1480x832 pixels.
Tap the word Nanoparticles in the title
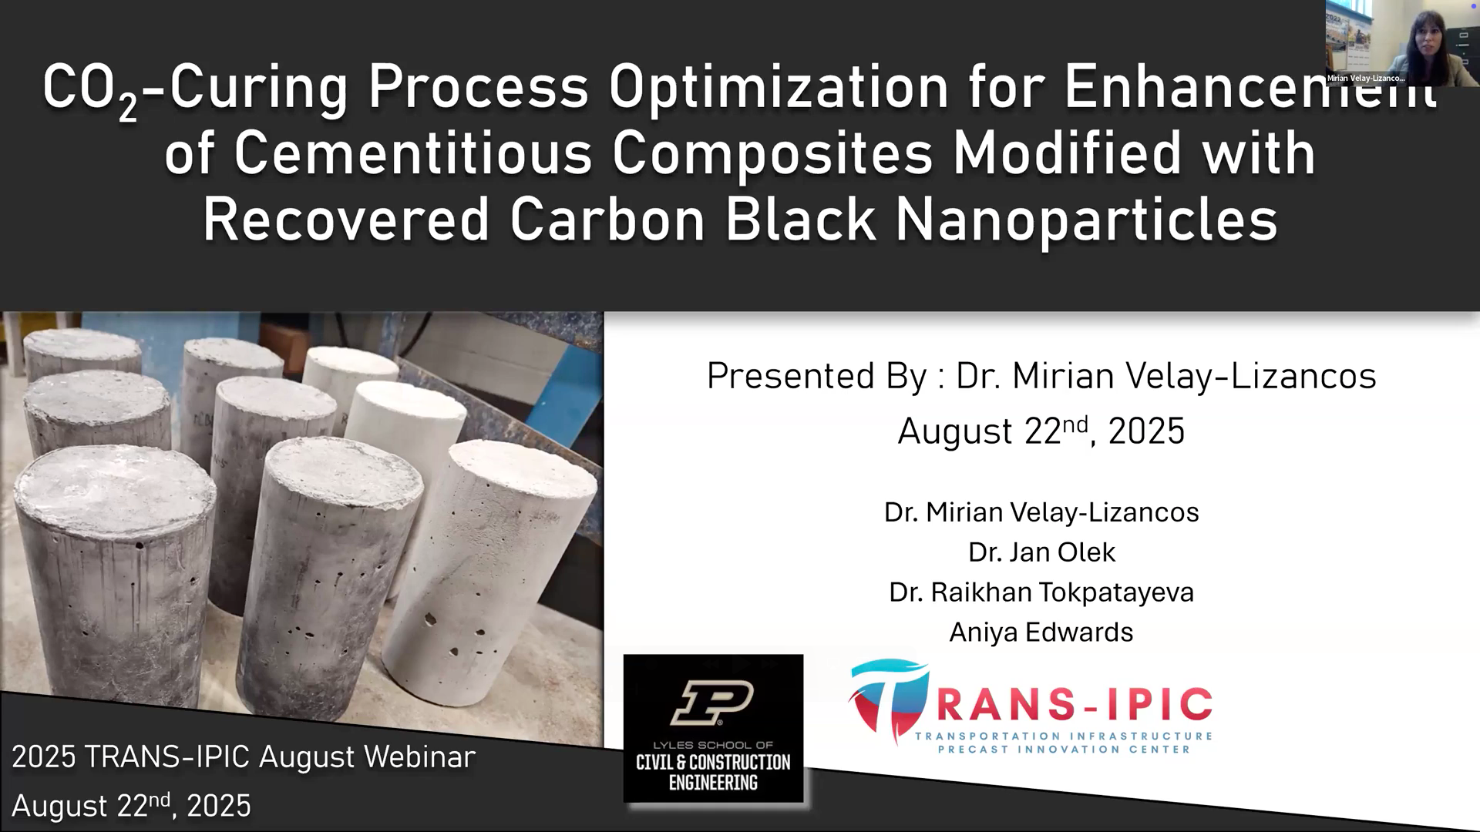pyautogui.click(x=1086, y=220)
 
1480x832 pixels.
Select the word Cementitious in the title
pyautogui.click(x=413, y=153)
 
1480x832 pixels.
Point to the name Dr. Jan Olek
pyautogui.click(x=1041, y=552)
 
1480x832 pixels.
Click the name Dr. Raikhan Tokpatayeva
pyautogui.click(x=1041, y=592)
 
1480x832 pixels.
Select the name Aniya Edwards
pyautogui.click(x=1041, y=632)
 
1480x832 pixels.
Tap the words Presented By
pyautogui.click(x=816, y=377)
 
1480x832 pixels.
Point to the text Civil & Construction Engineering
pyautogui.click(x=713, y=772)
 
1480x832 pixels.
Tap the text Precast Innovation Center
pyautogui.click(x=1064, y=750)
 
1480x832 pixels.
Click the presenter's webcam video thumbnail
pyautogui.click(x=1402, y=42)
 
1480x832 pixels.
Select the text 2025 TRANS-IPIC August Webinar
pyautogui.click(x=244, y=757)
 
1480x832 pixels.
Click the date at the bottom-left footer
pyautogui.click(x=131, y=805)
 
